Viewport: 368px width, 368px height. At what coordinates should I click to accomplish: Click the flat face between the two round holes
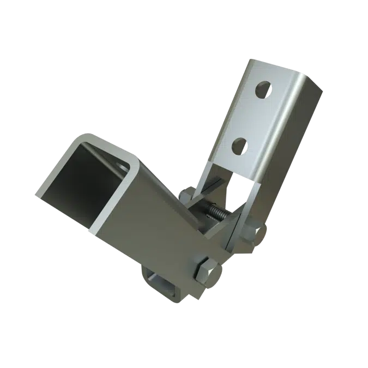tap(251, 117)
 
